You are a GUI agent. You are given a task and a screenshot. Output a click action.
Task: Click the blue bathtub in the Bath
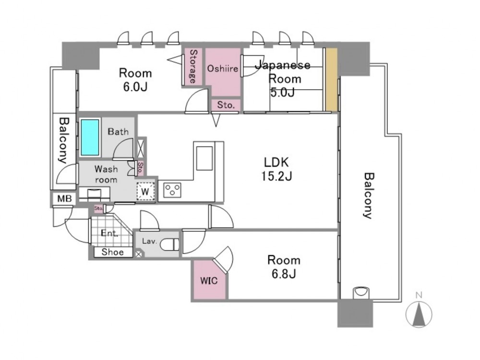(90, 137)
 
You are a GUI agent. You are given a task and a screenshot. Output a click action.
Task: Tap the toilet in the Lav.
(170, 244)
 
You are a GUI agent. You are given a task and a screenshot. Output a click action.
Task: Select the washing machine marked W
(145, 192)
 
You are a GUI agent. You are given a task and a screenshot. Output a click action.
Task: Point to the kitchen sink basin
(204, 158)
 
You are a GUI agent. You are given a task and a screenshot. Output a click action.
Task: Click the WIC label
(209, 280)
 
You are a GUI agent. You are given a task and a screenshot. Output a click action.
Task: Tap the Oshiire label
(223, 68)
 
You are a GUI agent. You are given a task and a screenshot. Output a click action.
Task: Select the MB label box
(64, 199)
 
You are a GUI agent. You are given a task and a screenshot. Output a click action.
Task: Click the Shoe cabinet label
(113, 252)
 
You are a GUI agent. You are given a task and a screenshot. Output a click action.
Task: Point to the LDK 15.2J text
(276, 169)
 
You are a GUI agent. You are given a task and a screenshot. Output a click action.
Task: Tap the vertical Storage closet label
(193, 66)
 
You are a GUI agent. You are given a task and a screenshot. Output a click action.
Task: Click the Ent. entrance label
(109, 233)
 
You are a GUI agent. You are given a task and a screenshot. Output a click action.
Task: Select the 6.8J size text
(284, 274)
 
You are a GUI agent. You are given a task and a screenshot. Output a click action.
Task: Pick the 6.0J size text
(135, 87)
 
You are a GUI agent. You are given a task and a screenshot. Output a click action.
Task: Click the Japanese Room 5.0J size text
(282, 92)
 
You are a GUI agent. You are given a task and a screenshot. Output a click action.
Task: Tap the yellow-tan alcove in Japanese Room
(331, 79)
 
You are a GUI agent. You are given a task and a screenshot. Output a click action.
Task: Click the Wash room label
(106, 174)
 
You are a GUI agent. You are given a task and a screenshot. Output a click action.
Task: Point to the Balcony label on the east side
(369, 196)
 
